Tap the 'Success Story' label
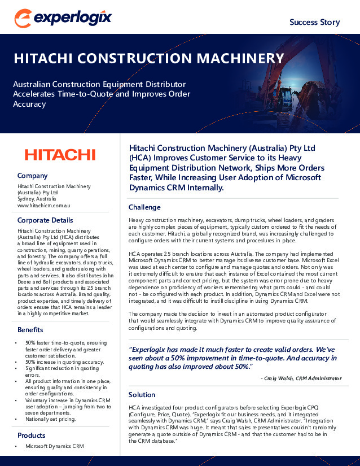click(x=314, y=22)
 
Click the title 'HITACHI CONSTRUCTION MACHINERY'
click(x=148, y=59)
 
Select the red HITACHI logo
click(x=60, y=154)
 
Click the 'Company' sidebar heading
click(x=33, y=176)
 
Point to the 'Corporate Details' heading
click(x=45, y=220)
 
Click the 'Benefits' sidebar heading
click(x=30, y=329)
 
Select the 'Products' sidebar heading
click(x=32, y=435)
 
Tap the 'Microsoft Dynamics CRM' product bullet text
click(x=54, y=446)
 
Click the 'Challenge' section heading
click(x=144, y=207)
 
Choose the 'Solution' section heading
click(x=142, y=394)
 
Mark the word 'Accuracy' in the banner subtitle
click(x=29, y=104)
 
